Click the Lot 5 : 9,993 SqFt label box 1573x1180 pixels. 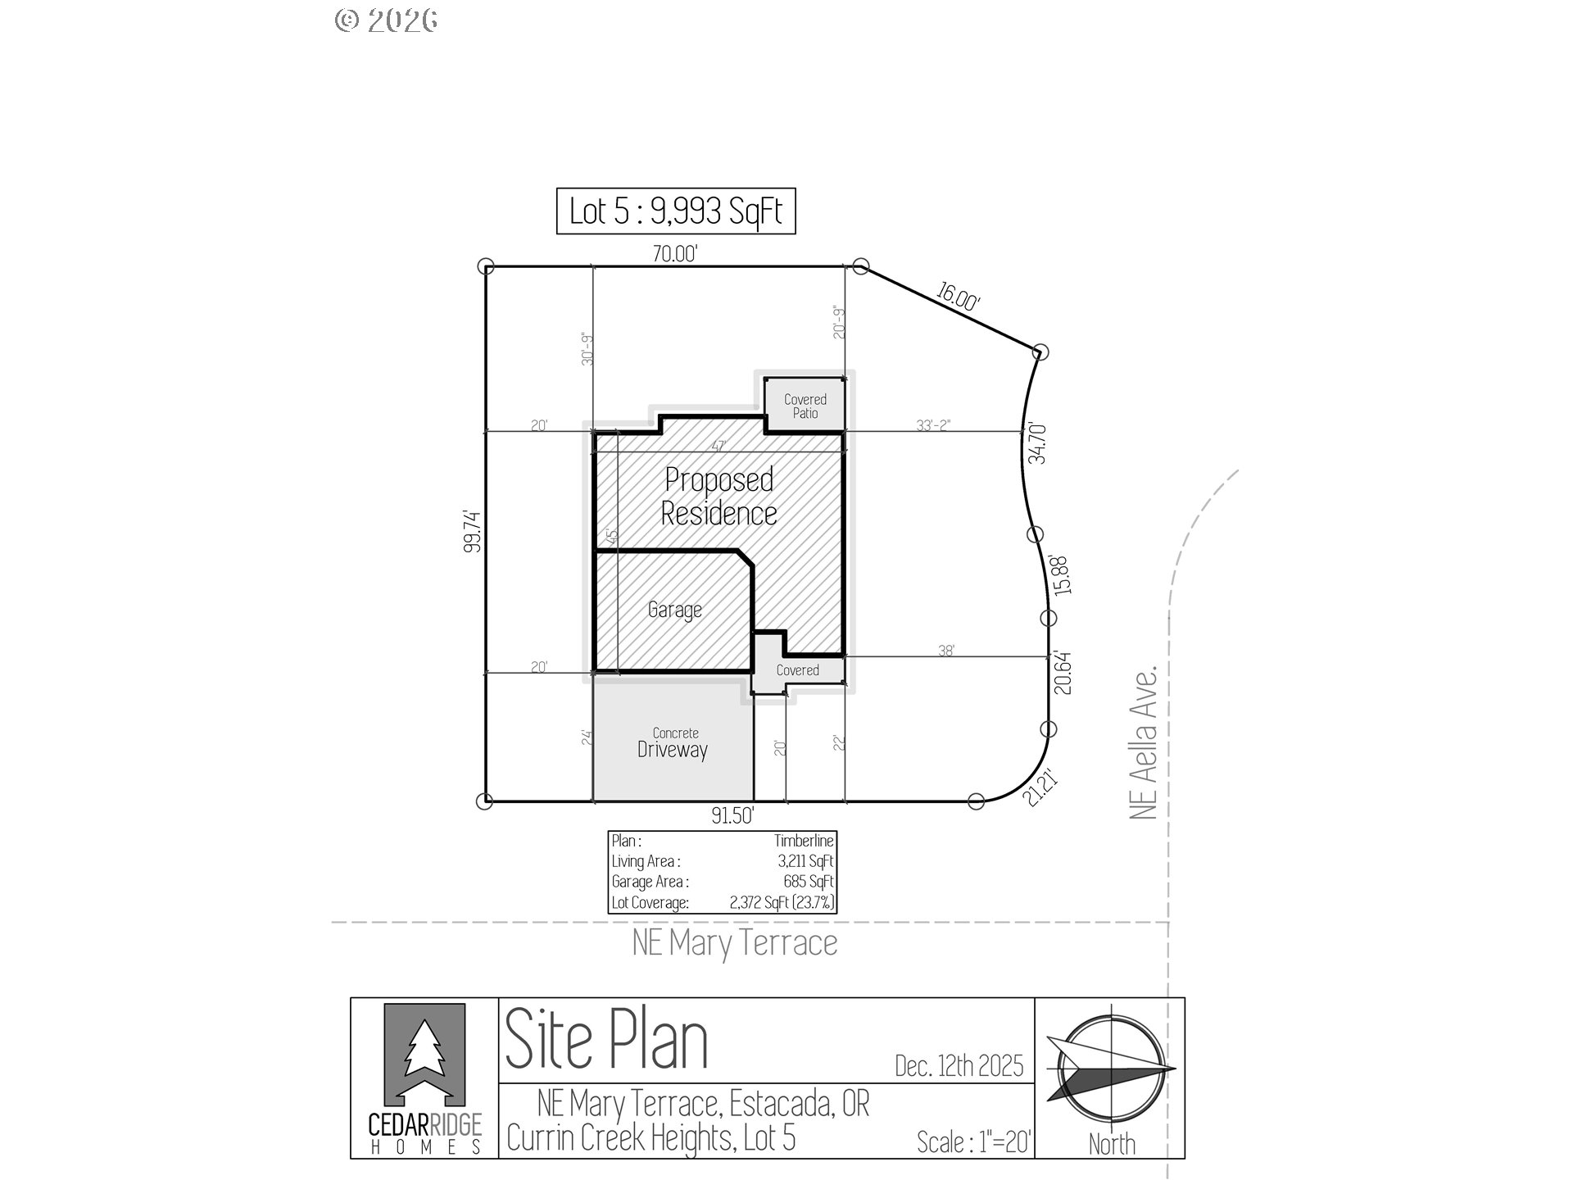point(676,211)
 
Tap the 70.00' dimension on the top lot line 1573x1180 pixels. point(674,254)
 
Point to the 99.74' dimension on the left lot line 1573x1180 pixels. point(471,531)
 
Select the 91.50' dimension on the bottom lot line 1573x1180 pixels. point(732,816)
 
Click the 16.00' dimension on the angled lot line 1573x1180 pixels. point(958,297)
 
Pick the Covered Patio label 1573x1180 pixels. point(805,406)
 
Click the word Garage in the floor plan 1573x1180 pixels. point(674,610)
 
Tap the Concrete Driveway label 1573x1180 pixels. point(673,743)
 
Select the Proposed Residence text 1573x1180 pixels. point(719,497)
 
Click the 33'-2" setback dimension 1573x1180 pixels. point(933,425)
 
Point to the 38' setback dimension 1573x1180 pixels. point(946,651)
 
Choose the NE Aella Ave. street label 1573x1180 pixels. point(1144,742)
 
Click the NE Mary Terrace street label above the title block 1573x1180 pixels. point(735,943)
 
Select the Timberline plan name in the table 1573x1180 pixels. point(804,841)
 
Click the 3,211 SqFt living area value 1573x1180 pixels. point(806,861)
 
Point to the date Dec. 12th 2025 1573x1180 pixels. point(959,1065)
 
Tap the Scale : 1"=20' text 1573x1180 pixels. point(974,1141)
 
